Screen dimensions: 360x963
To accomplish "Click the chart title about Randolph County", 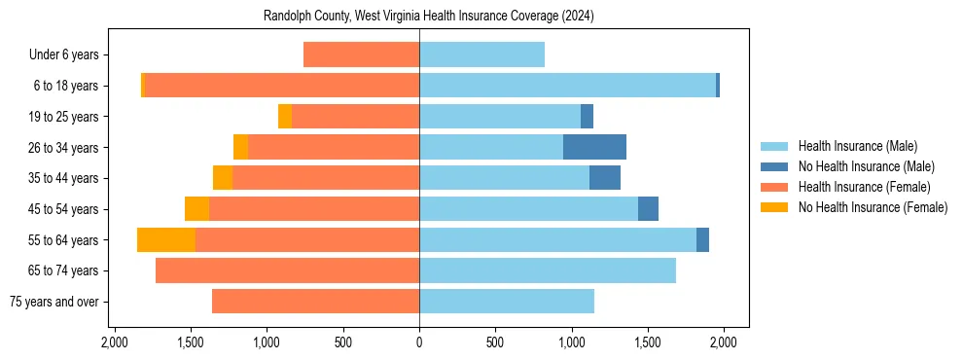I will (x=428, y=17).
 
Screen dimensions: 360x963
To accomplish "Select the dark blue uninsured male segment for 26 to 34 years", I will (x=594, y=147).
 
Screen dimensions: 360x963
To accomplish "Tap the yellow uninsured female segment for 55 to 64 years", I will (x=166, y=239).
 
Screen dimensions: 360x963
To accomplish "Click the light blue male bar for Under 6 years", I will (x=481, y=55).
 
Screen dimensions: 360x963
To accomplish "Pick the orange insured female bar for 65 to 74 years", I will (x=287, y=270).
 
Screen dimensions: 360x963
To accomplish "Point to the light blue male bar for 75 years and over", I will (x=506, y=302).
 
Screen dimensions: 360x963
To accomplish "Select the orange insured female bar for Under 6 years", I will (x=361, y=55).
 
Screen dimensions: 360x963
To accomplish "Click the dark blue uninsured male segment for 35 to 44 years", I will (x=605, y=178).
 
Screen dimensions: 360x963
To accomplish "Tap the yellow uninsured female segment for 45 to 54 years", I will (x=196, y=209).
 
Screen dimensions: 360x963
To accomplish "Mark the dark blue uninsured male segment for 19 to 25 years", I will (x=587, y=117).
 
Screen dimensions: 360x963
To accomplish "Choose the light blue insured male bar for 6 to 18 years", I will (x=567, y=86).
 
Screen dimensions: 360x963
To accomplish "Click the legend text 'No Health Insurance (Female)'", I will (x=873, y=207).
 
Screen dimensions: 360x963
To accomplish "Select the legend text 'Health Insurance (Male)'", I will (x=857, y=146).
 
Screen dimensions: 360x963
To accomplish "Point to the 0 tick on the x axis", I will (x=419, y=342).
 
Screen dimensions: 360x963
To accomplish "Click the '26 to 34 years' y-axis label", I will (x=63, y=148).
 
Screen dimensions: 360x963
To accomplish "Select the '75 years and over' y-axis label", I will (x=53, y=302).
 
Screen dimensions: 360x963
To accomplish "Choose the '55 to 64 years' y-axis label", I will (x=63, y=240).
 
